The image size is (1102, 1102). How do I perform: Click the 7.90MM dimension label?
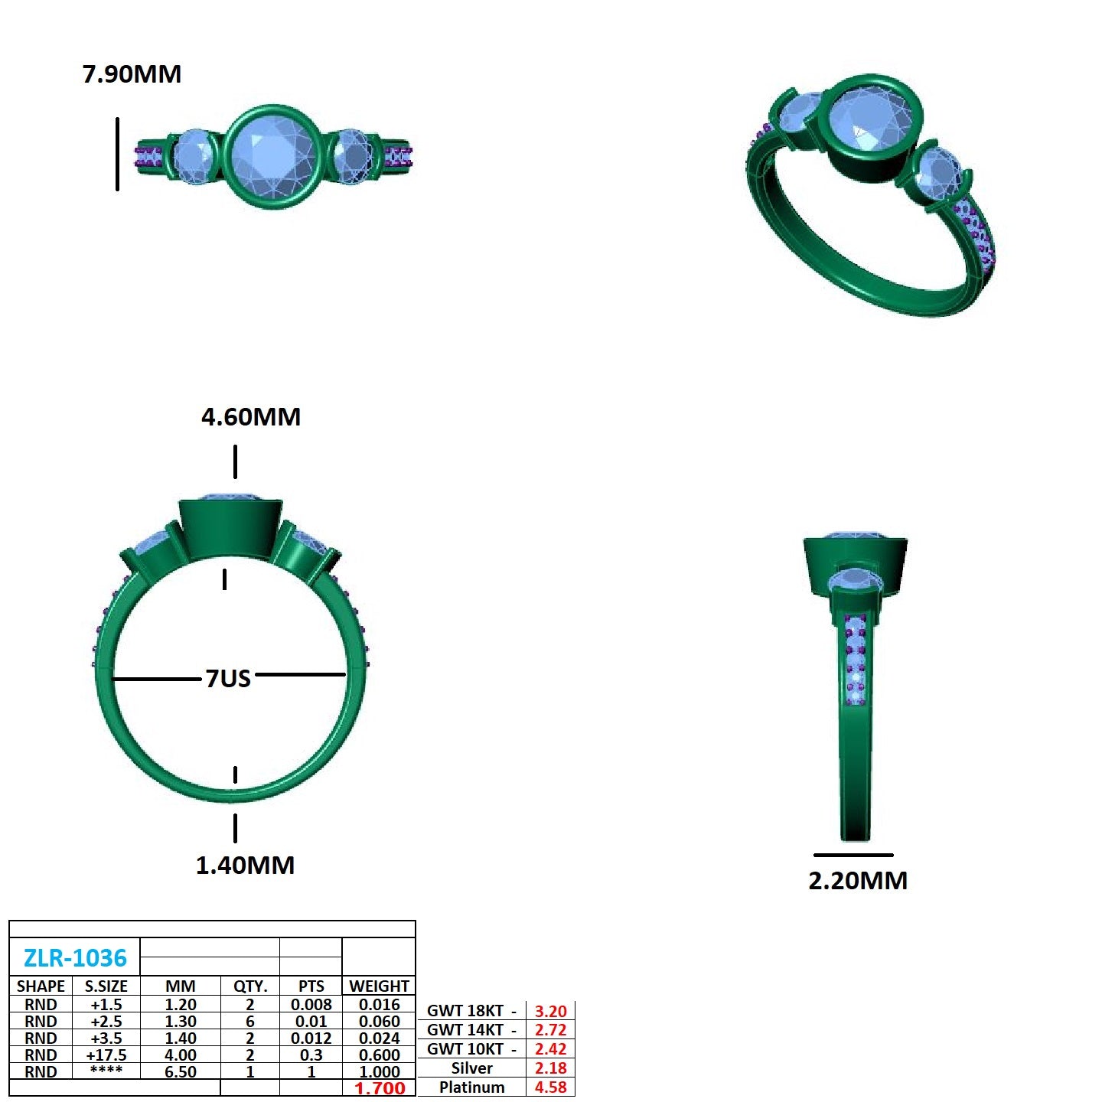[132, 74]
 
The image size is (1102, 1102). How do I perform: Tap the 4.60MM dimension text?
[251, 417]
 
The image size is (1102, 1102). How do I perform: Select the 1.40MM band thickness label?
[246, 866]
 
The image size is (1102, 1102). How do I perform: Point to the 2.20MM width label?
[858, 881]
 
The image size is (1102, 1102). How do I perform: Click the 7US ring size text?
[228, 678]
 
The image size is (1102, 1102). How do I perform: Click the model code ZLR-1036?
[75, 958]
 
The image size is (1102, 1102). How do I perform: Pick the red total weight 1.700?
[380, 1087]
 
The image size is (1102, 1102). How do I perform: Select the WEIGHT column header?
[379, 986]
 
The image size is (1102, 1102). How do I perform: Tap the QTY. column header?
[250, 986]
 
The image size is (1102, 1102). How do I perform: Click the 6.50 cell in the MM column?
[181, 1071]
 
